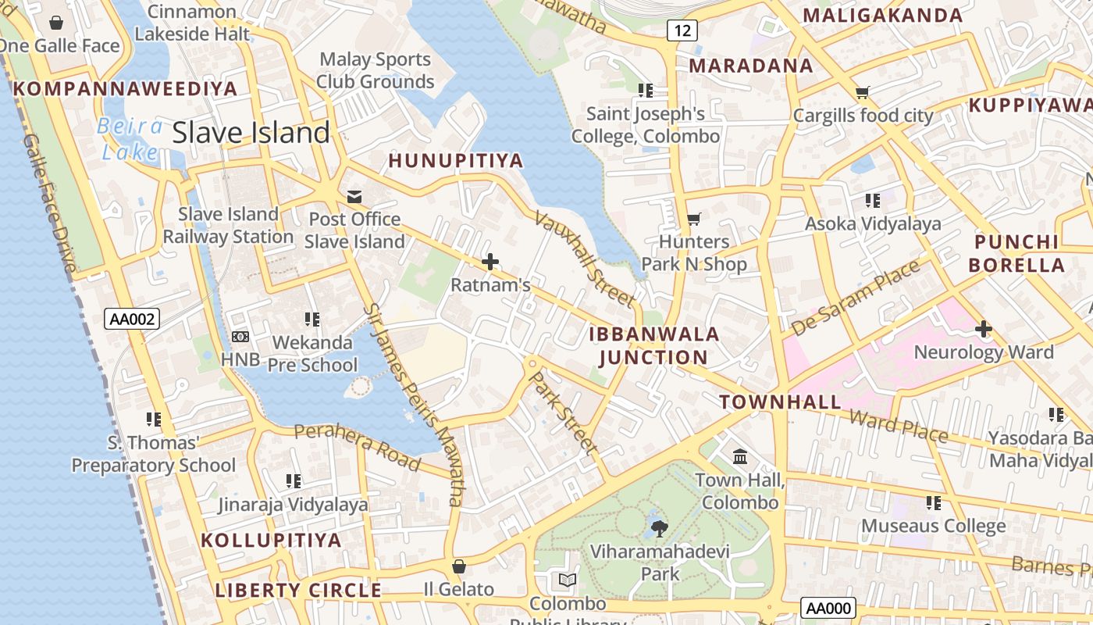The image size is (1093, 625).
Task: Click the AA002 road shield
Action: [131, 318]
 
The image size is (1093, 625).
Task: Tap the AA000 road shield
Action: [828, 609]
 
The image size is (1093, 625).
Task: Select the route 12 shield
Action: [682, 30]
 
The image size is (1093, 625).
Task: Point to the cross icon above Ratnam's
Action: [490, 262]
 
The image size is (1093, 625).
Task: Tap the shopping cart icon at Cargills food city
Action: [862, 93]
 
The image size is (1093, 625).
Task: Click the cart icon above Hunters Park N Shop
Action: [693, 219]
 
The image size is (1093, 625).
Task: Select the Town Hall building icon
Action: [739, 455]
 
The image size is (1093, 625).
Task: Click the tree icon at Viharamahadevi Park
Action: [660, 528]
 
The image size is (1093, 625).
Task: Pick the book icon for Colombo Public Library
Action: [568, 580]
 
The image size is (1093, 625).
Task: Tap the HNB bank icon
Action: [240, 336]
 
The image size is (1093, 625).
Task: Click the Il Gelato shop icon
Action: [459, 566]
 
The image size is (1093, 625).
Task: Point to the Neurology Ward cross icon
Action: [983, 329]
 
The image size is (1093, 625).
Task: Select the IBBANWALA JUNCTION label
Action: [653, 346]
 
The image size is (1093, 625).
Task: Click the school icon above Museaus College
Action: [933, 502]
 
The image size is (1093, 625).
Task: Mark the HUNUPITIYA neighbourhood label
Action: [455, 161]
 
